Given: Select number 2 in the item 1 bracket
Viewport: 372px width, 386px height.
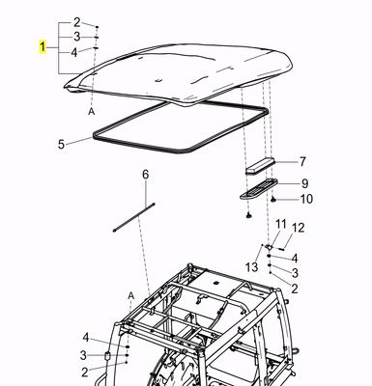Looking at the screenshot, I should click(x=78, y=21).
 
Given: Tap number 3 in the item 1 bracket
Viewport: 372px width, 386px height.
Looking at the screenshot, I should click(x=78, y=37).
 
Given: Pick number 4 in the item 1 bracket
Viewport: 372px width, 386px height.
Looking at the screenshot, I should click(x=78, y=52).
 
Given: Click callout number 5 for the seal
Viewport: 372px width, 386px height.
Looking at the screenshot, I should click(x=61, y=144).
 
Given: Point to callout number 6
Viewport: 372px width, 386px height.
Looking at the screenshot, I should click(x=146, y=175).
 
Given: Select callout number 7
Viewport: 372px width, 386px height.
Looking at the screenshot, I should click(x=301, y=162).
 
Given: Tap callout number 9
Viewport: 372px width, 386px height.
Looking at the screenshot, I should click(x=302, y=183).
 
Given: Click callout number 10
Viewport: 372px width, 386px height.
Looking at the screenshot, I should click(x=306, y=200).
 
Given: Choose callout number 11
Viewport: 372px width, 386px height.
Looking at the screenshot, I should click(x=281, y=225).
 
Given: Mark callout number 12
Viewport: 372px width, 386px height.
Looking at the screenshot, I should click(x=299, y=228).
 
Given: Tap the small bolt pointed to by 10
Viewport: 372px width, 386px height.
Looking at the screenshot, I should click(x=274, y=199).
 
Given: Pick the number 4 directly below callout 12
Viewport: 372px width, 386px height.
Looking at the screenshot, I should click(x=294, y=258).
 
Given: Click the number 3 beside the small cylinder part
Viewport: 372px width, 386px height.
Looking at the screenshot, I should click(x=84, y=355).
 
